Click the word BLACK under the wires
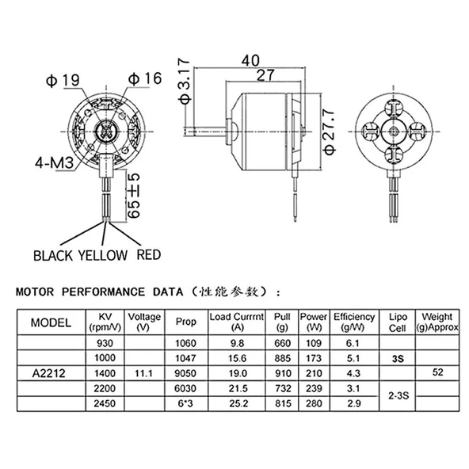coord(53,255)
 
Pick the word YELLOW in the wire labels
coord(101,255)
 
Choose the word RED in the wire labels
coord(150,255)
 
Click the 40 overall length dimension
coord(251,60)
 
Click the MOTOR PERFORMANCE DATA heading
coord(101,291)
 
